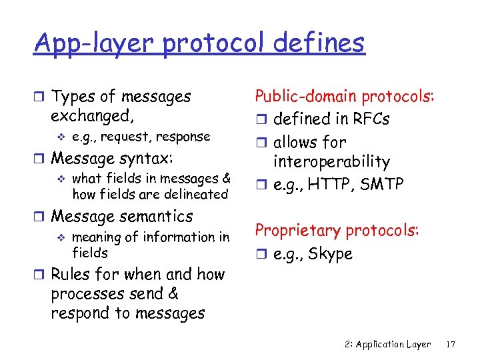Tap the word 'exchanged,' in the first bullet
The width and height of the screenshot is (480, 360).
92,116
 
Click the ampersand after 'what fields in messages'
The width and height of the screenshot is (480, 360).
226,179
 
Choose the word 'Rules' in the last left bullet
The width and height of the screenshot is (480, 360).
71,275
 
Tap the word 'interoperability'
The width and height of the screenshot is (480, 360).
331,161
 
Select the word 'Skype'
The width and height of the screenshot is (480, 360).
330,255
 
